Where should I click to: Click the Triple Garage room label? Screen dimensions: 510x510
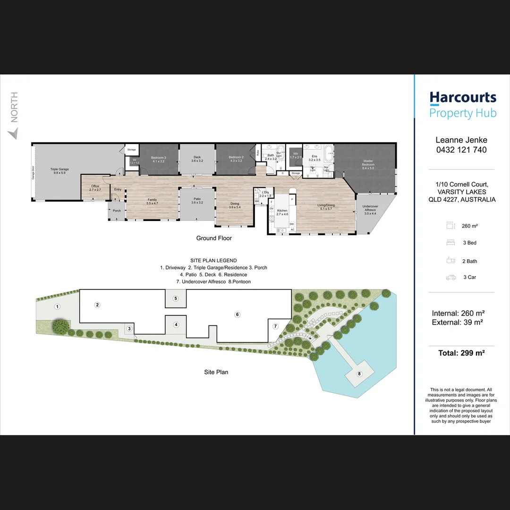[x=60, y=171]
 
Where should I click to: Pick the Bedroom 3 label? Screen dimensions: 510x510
[x=158, y=159]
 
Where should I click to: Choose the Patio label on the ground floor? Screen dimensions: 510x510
[x=197, y=201]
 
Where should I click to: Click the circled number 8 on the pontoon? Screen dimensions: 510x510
[x=359, y=374]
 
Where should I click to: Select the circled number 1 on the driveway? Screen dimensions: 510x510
[x=57, y=307]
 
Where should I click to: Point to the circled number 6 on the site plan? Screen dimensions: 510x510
[x=238, y=314]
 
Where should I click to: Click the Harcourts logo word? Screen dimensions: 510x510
[x=463, y=98]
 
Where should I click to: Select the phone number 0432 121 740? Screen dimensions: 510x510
[x=461, y=150]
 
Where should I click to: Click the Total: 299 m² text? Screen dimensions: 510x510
[x=461, y=352]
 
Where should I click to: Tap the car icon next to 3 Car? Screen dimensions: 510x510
[x=451, y=278]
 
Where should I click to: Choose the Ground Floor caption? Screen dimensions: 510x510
[x=214, y=238]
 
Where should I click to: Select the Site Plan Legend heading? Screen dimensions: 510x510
[x=213, y=260]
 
